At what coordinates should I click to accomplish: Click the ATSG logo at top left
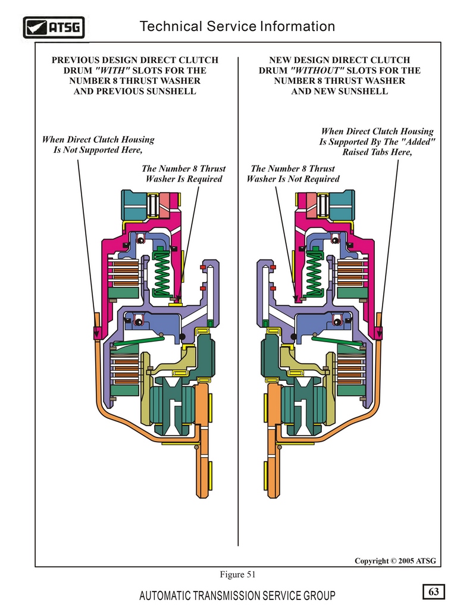pyautogui.click(x=54, y=27)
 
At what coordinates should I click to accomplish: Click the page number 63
pyautogui.click(x=434, y=592)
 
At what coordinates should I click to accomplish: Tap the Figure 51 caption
pyautogui.click(x=237, y=574)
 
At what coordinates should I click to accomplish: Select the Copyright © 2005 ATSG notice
pyautogui.click(x=395, y=561)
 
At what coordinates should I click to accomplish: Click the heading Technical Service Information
pyautogui.click(x=237, y=26)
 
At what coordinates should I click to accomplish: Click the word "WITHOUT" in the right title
pyautogui.click(x=317, y=70)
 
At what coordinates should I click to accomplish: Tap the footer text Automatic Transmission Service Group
pyautogui.click(x=237, y=596)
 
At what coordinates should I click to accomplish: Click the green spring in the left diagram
pyautogui.click(x=161, y=273)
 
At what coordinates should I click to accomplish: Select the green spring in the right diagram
pyautogui.click(x=314, y=273)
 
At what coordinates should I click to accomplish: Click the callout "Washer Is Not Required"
pyautogui.click(x=293, y=179)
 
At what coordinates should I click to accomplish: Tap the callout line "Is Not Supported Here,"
pyautogui.click(x=98, y=149)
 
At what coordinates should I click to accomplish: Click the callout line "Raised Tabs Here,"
pyautogui.click(x=377, y=152)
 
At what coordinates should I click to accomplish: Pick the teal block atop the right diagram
pyautogui.click(x=342, y=204)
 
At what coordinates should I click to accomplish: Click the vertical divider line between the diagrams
pyautogui.click(x=238, y=302)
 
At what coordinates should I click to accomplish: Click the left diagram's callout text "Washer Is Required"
pyautogui.click(x=184, y=179)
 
